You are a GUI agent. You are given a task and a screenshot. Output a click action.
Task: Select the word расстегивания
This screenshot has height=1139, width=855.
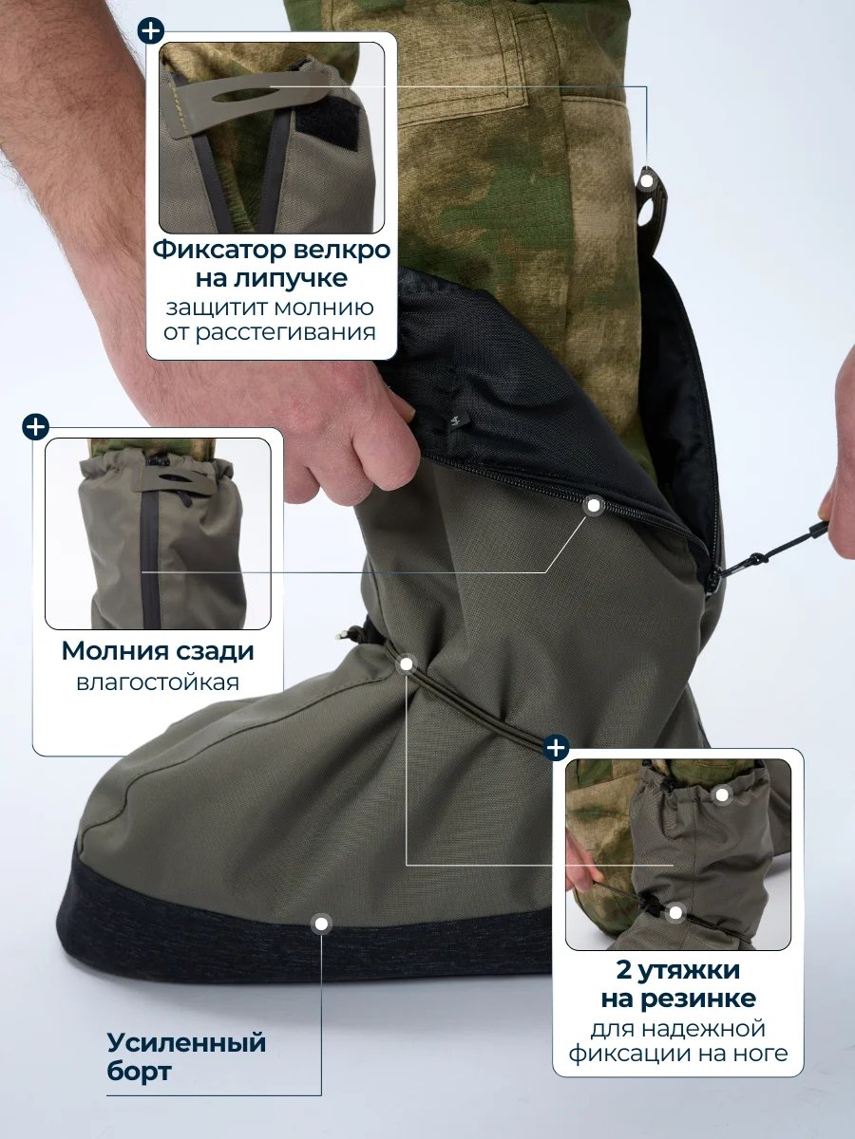coord(284,332)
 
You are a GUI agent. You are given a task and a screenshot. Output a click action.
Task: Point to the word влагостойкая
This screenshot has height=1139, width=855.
coord(158,682)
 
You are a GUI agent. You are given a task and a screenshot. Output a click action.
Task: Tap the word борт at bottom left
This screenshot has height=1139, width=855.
coord(139,1057)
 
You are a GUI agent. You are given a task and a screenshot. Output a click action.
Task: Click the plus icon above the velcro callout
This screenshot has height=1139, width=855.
coord(151,31)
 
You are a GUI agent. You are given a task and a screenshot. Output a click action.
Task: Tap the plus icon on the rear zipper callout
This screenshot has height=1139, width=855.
coord(35,427)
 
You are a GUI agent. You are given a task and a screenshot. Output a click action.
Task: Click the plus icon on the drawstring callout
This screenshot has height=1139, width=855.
coord(556,748)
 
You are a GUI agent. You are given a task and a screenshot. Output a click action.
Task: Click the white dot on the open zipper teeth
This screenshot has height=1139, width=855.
coord(594,506)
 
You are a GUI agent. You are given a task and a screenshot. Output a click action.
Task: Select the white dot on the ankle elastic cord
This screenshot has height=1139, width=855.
coord(407,664)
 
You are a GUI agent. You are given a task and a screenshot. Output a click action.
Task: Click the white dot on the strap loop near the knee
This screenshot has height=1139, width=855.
coord(647,180)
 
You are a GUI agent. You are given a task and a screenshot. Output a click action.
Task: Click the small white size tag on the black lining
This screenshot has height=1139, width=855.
coord(455,423)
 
